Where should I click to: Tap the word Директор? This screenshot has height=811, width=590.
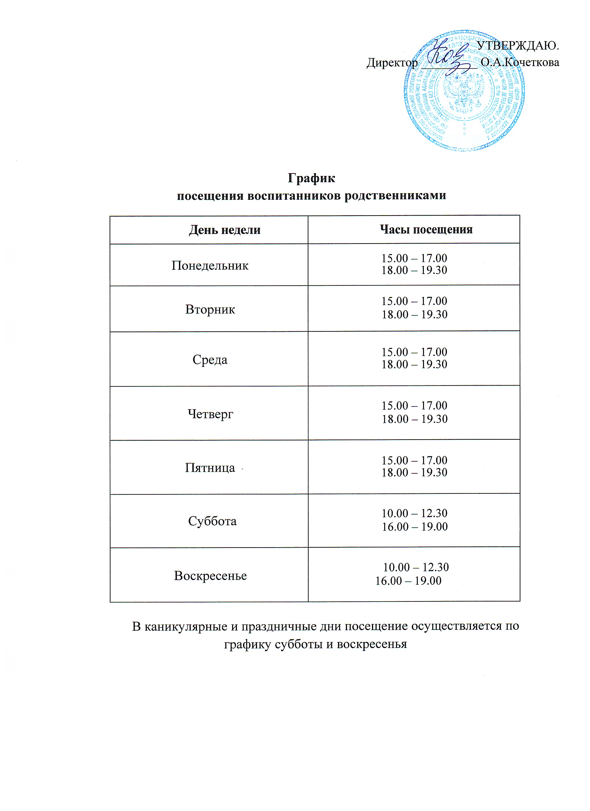pos(392,63)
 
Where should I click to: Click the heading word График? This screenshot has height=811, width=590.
pos(311,178)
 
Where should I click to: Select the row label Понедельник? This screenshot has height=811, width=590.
pos(210,265)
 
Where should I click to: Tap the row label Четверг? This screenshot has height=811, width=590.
pos(210,414)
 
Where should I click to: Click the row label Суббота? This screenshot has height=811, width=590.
pos(212,521)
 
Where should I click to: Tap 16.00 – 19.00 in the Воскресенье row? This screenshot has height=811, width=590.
pos(408,581)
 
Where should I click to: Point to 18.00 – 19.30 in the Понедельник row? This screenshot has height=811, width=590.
pos(414,270)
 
